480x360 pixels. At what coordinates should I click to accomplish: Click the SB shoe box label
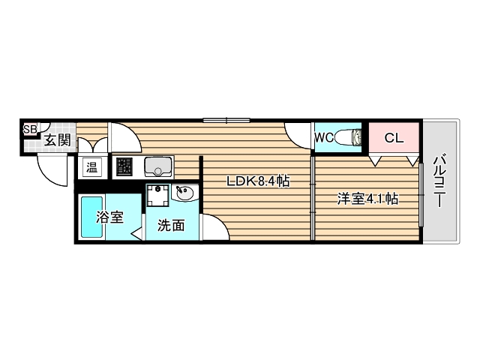pyautogui.click(x=29, y=129)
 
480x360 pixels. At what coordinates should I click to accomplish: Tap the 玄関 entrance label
pyautogui.click(x=56, y=139)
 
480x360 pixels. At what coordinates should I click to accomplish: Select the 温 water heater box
pyautogui.click(x=91, y=166)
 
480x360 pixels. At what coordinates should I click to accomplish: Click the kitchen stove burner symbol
pyautogui.click(x=123, y=166)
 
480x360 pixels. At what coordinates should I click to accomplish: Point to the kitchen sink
pyautogui.click(x=158, y=166)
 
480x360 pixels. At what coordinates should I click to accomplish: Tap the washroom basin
pyautogui.click(x=184, y=193)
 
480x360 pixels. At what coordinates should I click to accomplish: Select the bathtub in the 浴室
pyautogui.click(x=91, y=217)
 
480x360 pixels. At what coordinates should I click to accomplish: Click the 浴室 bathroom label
pyautogui.click(x=110, y=218)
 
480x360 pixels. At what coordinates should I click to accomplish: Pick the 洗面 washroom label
pyautogui.click(x=170, y=224)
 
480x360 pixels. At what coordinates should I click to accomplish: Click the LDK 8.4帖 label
pyautogui.click(x=259, y=181)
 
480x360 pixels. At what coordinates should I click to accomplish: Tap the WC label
pyautogui.click(x=324, y=138)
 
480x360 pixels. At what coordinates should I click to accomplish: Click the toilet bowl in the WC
pyautogui.click(x=348, y=138)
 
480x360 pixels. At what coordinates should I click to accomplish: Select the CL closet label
pyautogui.click(x=394, y=138)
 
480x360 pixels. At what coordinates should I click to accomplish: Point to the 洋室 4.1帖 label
pyautogui.click(x=367, y=199)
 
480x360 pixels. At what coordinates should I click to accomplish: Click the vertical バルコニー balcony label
pyautogui.click(x=439, y=182)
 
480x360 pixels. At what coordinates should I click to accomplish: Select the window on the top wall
pyautogui.click(x=226, y=119)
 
